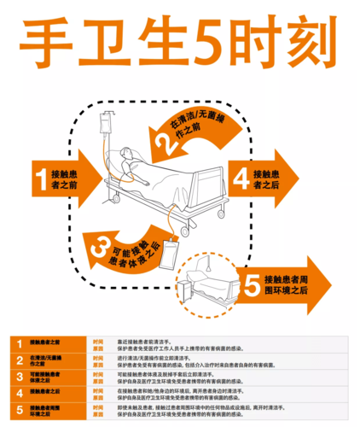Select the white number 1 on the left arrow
(41, 178)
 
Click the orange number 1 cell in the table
(17, 343)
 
